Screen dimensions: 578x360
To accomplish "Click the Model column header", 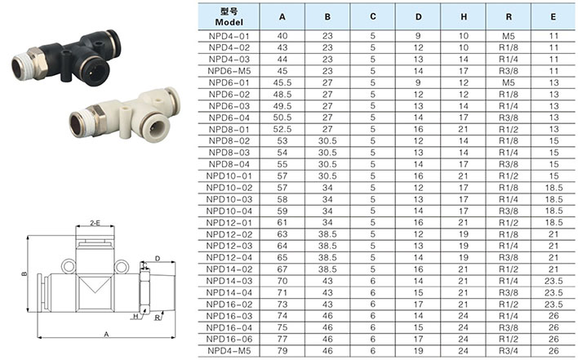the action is [229, 17].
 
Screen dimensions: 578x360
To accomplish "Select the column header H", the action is [464, 17].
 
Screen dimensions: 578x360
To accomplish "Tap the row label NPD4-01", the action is [229, 36].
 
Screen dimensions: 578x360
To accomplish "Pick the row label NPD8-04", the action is [229, 164].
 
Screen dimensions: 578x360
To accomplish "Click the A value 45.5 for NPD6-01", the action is [282, 83].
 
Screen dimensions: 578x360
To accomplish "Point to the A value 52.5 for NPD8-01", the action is [282, 129].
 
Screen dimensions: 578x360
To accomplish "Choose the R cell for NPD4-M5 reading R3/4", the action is [509, 351].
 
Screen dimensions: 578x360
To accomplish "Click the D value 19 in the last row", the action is [418, 351].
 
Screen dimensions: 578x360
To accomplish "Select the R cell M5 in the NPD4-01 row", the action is [509, 36].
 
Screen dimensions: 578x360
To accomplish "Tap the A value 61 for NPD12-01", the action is [282, 223].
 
